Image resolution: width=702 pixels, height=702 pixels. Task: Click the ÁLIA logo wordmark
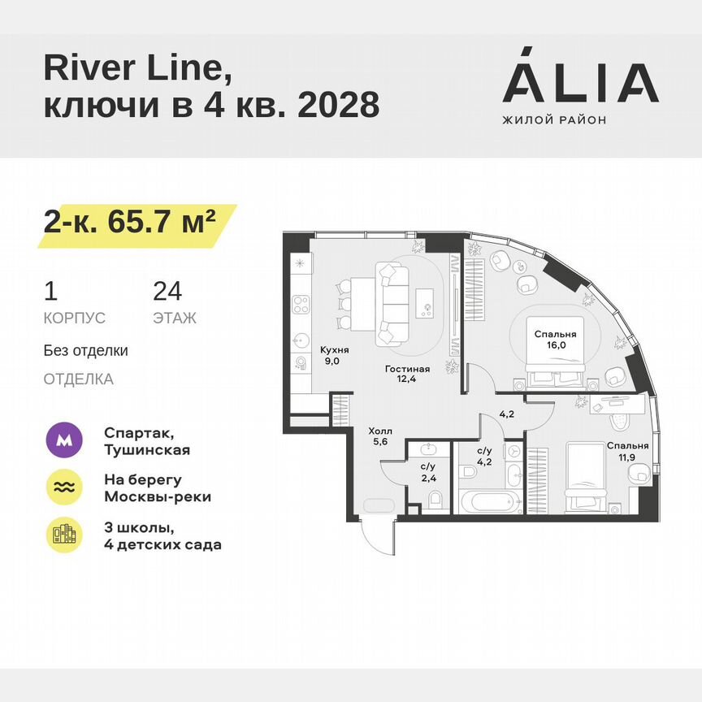(x=580, y=83)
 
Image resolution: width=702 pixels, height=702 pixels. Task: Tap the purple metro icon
(x=63, y=441)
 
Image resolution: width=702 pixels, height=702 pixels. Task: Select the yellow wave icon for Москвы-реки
(x=63, y=487)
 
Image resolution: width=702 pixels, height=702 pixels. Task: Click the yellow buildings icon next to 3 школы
(x=63, y=535)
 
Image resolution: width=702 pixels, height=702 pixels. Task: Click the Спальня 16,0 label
(x=556, y=339)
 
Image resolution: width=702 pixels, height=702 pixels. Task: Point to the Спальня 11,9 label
(x=627, y=451)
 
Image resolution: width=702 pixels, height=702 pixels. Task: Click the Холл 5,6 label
(x=380, y=438)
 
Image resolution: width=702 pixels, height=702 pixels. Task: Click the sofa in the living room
(x=394, y=301)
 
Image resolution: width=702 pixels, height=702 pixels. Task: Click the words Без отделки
(x=86, y=351)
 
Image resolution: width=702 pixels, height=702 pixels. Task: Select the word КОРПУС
(x=74, y=318)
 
